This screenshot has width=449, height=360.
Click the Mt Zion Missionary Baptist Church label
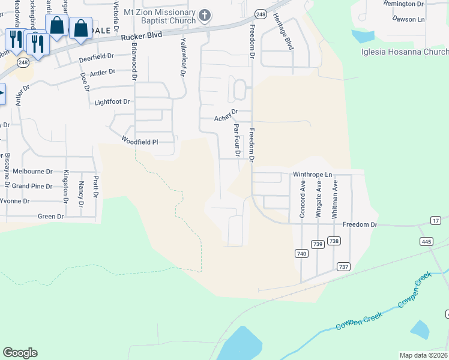click(158, 16)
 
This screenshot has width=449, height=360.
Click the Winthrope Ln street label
click(312, 175)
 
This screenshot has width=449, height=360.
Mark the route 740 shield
click(301, 254)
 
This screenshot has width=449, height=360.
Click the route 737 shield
click(344, 266)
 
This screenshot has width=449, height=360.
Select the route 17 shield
click(436, 221)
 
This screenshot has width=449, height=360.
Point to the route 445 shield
click(427, 241)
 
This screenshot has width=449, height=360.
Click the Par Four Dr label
click(237, 140)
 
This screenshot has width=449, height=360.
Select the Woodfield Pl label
click(139, 142)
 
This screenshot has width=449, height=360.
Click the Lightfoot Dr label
click(112, 102)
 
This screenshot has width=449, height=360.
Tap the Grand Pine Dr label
click(32, 186)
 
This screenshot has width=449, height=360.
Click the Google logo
click(20, 353)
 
